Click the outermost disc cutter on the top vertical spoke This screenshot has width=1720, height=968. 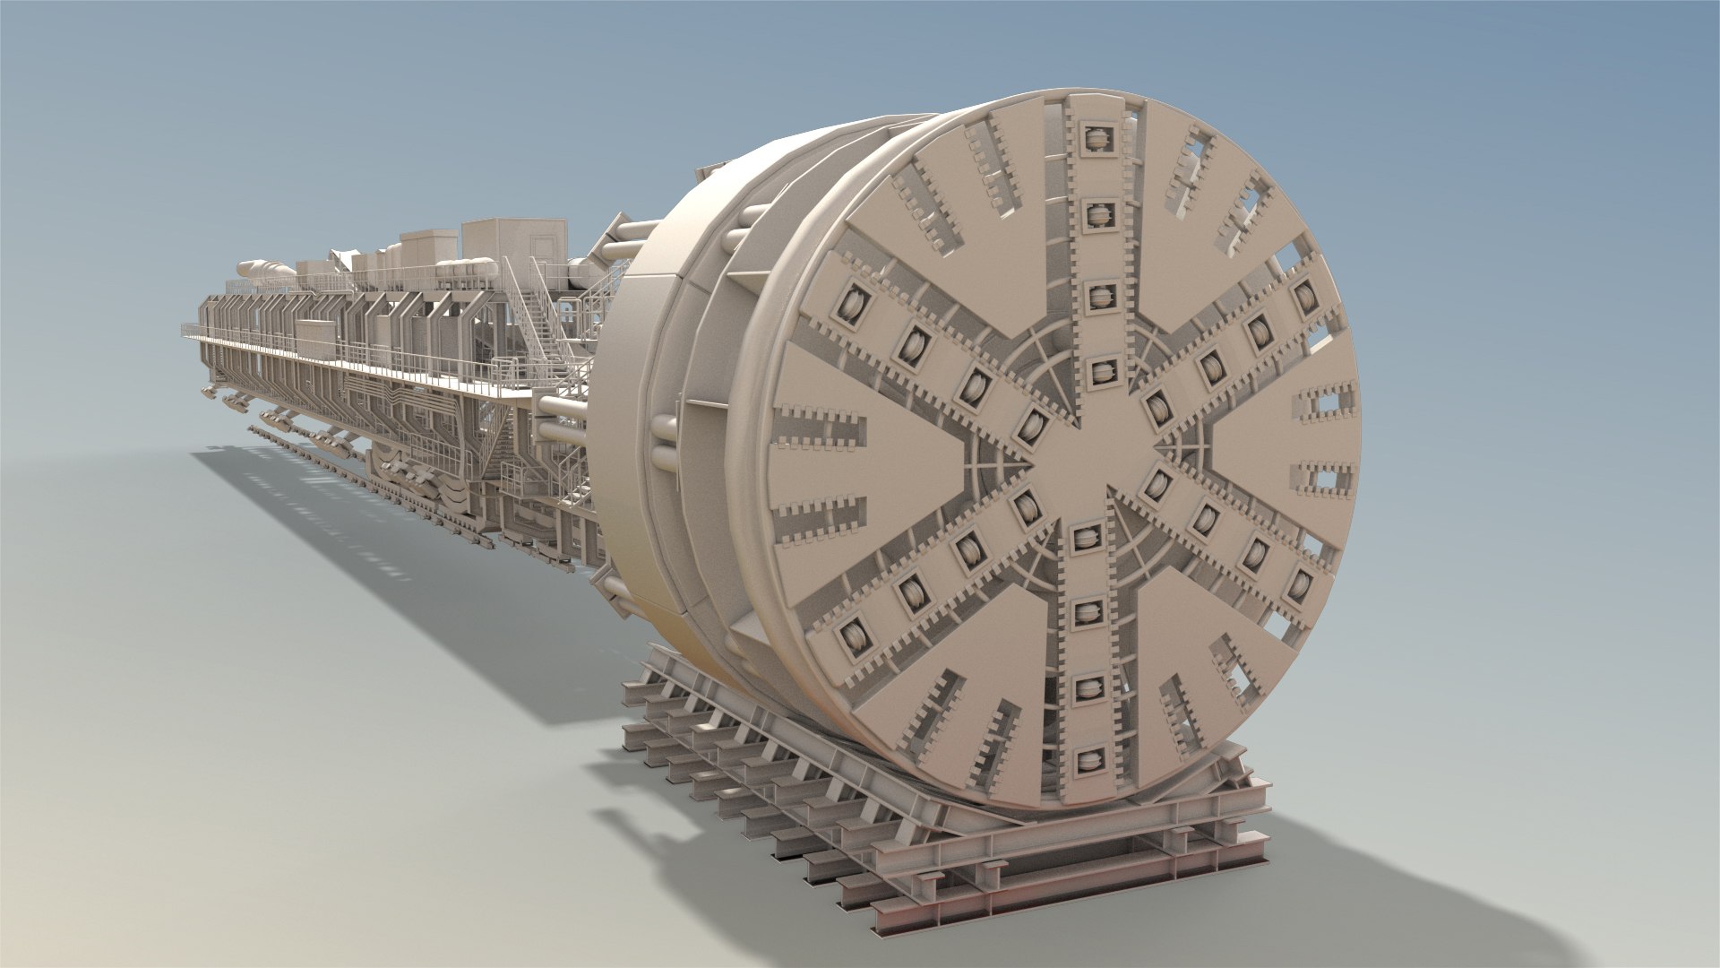pos(1095,137)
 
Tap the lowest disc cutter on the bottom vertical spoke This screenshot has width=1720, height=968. pos(1088,761)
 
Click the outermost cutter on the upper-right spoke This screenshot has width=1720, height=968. pos(1305,296)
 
